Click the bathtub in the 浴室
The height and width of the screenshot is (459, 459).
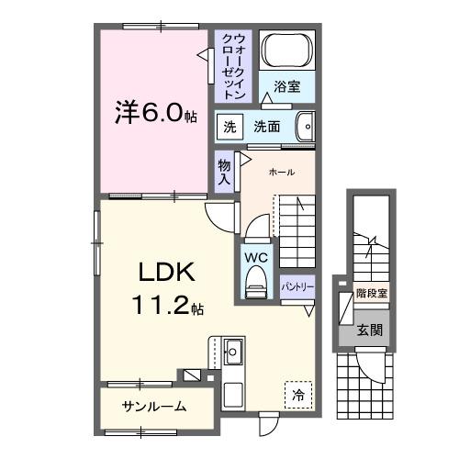point(285,51)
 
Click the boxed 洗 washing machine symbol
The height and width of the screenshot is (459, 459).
point(227,126)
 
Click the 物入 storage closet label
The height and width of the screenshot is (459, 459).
point(223,171)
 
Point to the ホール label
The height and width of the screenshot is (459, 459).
point(281,172)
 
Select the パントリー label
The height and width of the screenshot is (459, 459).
point(299,286)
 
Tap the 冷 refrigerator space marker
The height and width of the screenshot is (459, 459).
point(299,395)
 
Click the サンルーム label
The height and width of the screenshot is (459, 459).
point(154,406)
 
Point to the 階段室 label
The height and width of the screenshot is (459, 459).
point(371,296)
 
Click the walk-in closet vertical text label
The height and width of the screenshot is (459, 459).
point(233,65)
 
